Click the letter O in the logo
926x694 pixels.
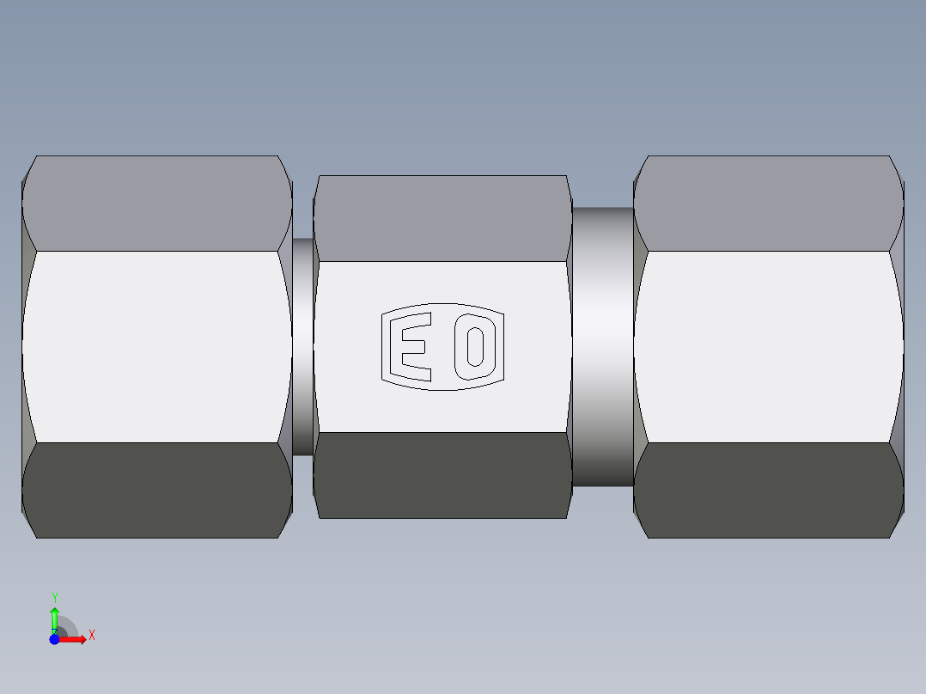475,347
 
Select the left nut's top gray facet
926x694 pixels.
156,204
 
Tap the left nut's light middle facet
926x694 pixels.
156,347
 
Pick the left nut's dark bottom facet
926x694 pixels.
156,490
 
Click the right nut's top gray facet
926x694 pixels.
769,204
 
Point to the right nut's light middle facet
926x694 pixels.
769,347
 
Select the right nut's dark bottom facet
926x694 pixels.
769,490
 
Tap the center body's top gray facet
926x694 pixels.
442,218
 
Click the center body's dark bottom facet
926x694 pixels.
442,475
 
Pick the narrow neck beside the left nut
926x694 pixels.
302,347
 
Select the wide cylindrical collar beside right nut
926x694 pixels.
602,347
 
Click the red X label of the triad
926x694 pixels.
91,636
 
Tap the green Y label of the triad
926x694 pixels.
54,597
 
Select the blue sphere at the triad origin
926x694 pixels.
54,640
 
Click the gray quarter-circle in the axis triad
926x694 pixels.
67,629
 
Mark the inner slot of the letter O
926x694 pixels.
475,347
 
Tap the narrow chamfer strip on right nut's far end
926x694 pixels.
897,347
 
